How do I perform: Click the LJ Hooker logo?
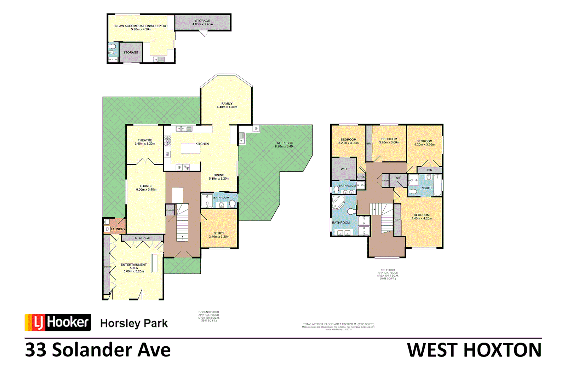[58, 322]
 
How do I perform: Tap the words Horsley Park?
[134, 323]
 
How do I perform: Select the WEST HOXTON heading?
[474, 350]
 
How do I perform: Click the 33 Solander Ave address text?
[98, 350]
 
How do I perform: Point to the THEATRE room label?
[145, 140]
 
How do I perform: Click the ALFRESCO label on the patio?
[285, 143]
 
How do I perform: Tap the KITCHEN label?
[202, 144]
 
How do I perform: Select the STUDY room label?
[219, 233]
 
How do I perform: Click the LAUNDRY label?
[118, 229]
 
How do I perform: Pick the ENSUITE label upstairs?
[426, 188]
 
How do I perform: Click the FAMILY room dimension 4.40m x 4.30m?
[227, 107]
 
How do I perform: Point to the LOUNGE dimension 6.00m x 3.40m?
[146, 190]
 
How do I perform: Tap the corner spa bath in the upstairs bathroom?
[338, 203]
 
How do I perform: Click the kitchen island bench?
[190, 148]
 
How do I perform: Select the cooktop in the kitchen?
[167, 141]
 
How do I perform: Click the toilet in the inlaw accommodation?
[113, 47]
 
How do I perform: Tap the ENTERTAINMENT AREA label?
[133, 266]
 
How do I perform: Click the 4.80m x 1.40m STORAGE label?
[202, 23]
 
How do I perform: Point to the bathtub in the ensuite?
[438, 185]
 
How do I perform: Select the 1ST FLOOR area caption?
[388, 274]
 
